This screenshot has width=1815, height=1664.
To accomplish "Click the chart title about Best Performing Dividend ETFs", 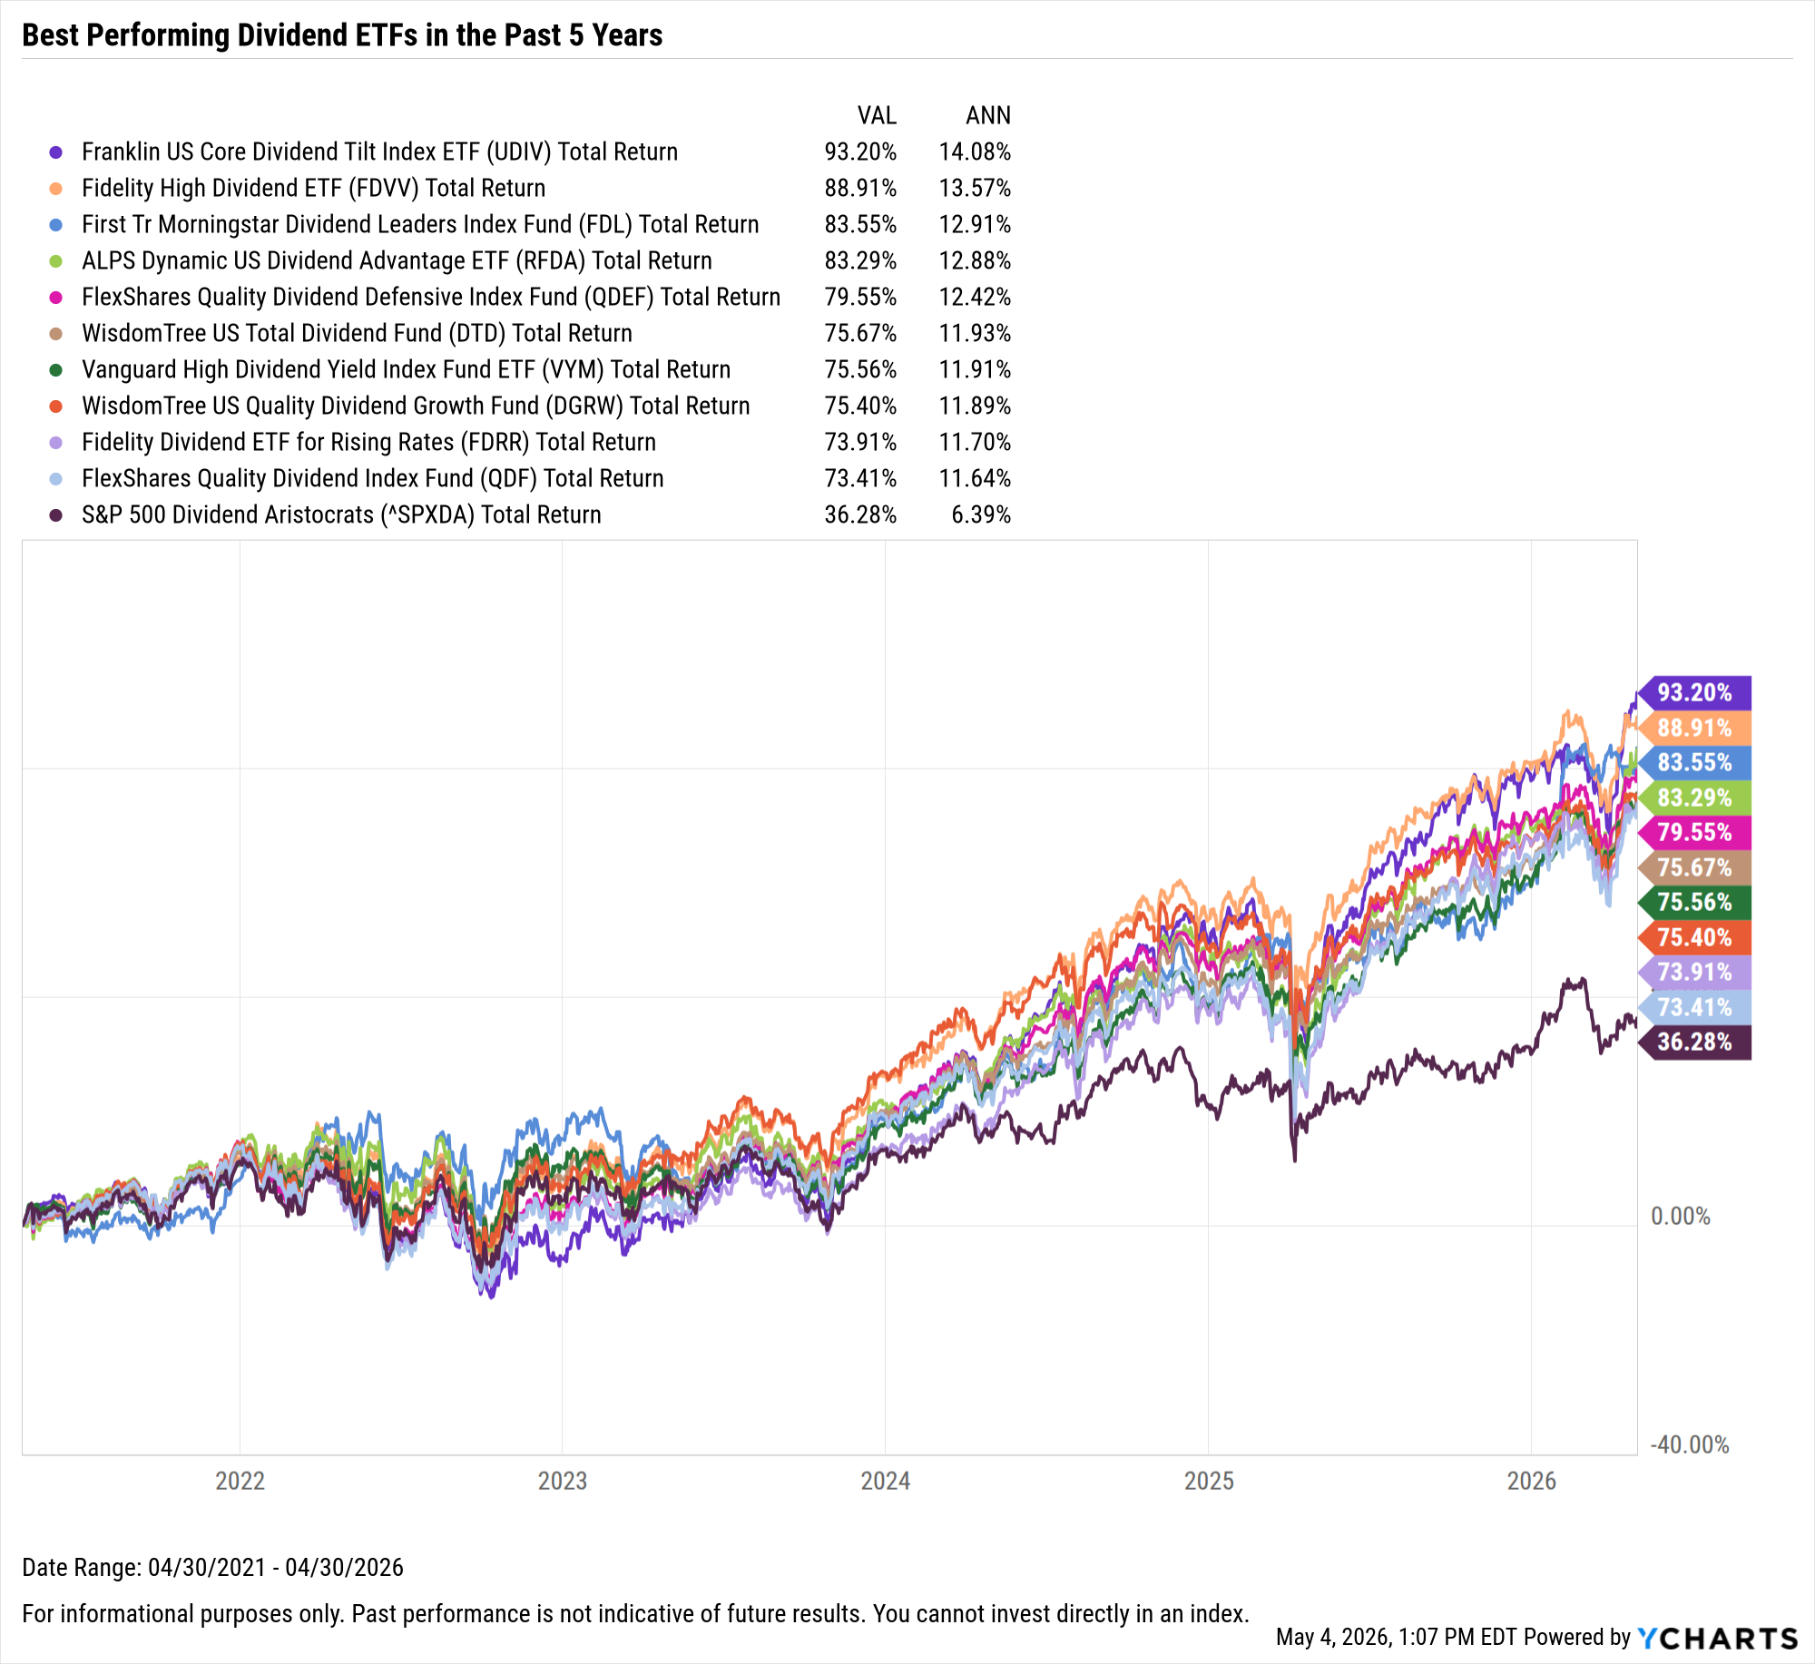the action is pos(342,34).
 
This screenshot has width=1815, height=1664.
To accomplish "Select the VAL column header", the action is pos(877,115).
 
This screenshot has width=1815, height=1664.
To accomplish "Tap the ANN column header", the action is pos(987,115).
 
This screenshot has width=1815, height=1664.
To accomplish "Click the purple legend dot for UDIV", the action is pos(56,152).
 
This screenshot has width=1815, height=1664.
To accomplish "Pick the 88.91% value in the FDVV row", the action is pos(860,188).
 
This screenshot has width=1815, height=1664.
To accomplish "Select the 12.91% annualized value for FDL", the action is pos(975,224).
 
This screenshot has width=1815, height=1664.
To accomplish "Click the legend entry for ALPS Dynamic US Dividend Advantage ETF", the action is pos(397,260).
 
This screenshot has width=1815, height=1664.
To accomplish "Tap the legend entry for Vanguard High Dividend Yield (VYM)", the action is pos(406,369).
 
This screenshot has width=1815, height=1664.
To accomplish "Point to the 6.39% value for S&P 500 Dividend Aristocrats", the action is pos(981,514).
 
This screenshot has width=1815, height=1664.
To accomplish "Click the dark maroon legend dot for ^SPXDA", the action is pos(56,514).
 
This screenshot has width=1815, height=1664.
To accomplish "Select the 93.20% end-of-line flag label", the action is pos(1694,693).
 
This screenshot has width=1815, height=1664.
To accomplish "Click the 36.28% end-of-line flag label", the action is pos(1694,1042).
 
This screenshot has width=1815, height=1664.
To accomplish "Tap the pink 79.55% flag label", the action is pos(1694,832).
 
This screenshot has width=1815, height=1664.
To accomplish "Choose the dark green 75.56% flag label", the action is pos(1694,902).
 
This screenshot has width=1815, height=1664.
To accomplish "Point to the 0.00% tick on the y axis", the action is pos(1680,1216).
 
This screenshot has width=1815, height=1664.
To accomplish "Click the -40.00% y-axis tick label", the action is pos(1689,1444).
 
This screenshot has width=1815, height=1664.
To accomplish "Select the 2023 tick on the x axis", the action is pos(563,1481).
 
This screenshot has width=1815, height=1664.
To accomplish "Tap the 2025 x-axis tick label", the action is pos(1209,1481).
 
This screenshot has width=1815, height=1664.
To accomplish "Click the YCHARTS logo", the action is pos(1717,1638).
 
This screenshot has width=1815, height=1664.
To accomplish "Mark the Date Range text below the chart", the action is pos(212,1567).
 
